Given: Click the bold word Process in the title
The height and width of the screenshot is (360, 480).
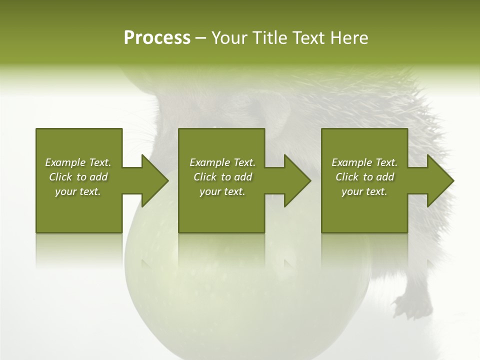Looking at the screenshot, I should pyautogui.click(x=157, y=38).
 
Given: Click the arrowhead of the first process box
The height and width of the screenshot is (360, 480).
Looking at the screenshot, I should pyautogui.click(x=155, y=180).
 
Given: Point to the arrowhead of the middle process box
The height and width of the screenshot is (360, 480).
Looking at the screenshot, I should pyautogui.click(x=297, y=180).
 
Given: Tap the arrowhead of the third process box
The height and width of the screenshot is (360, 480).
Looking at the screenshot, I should pyautogui.click(x=440, y=180).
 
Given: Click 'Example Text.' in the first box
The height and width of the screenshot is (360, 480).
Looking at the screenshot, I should pyautogui.click(x=78, y=162).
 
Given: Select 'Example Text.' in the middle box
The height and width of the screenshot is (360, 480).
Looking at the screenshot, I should pyautogui.click(x=222, y=162).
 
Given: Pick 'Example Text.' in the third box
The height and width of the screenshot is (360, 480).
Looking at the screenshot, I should pyautogui.click(x=364, y=162).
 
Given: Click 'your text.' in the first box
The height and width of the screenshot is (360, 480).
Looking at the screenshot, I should pyautogui.click(x=78, y=191).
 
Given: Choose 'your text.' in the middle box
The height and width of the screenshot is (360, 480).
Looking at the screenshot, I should pyautogui.click(x=222, y=191).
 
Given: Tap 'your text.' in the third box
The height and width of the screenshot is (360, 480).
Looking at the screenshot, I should pyautogui.click(x=364, y=191).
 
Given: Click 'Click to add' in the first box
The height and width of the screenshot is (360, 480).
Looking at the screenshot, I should pyautogui.click(x=78, y=177).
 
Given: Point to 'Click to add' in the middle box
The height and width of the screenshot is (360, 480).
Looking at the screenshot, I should pyautogui.click(x=222, y=177).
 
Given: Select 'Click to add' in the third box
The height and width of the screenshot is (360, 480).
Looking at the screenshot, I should pyautogui.click(x=364, y=177).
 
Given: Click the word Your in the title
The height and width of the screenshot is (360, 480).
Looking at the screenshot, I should pyautogui.click(x=227, y=38).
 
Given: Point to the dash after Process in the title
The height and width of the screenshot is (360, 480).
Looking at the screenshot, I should pyautogui.click(x=200, y=38).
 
